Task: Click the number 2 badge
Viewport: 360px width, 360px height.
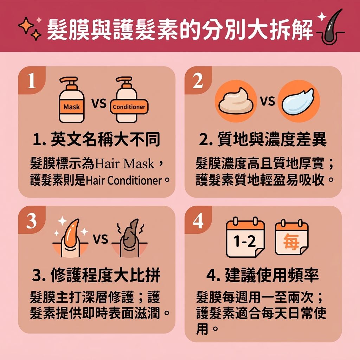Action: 198,81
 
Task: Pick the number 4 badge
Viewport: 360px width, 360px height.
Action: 198,221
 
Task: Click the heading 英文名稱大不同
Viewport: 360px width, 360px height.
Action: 96,140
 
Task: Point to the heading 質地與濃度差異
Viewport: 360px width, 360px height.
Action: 263,140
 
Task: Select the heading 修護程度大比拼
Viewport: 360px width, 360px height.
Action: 96,275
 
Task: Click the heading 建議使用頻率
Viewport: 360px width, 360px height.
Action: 263,275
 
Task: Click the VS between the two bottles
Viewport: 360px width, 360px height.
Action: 99,103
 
